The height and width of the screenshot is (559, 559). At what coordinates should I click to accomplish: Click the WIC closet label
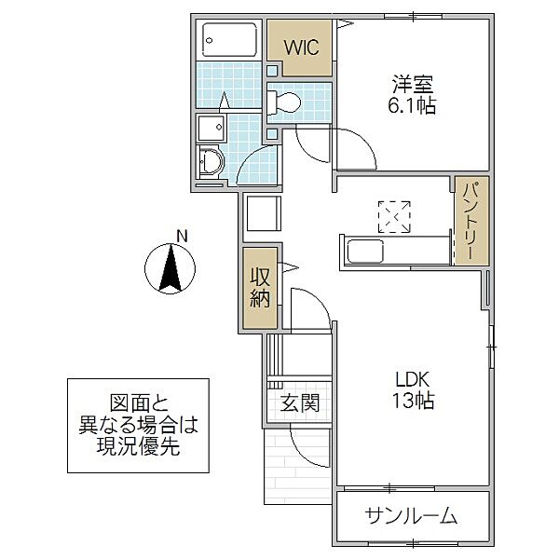[301, 47]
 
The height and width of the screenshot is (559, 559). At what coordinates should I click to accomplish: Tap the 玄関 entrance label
[300, 403]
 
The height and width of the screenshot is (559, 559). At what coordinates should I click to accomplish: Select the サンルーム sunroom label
[412, 516]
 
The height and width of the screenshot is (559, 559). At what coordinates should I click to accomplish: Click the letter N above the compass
[183, 237]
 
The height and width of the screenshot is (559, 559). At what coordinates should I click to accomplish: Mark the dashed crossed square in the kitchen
[394, 216]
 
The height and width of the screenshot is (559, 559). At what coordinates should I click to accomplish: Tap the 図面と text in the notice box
[138, 403]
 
